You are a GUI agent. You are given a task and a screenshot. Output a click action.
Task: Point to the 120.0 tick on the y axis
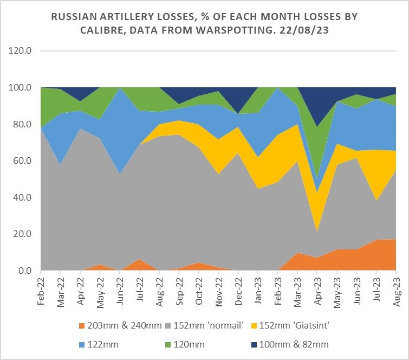tap(20, 50)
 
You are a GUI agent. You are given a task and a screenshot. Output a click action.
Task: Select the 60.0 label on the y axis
tap(22, 160)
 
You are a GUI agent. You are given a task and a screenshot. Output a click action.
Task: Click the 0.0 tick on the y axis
tap(25, 271)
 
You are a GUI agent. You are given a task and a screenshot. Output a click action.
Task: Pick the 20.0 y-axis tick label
tap(22, 234)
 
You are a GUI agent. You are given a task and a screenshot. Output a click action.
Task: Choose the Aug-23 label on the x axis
tap(394, 290)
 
